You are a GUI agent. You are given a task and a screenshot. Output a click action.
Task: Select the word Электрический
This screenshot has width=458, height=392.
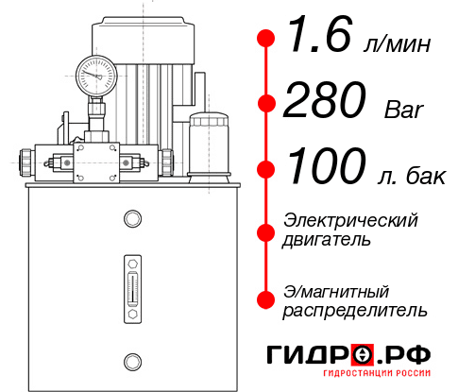click(x=350, y=220)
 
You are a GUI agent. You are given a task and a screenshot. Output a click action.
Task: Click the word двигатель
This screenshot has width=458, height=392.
click(x=327, y=240)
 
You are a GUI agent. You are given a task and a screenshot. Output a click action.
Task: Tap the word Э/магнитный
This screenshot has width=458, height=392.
click(x=336, y=290)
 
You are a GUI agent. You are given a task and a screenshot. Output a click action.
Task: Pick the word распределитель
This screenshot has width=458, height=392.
click(x=355, y=310)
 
